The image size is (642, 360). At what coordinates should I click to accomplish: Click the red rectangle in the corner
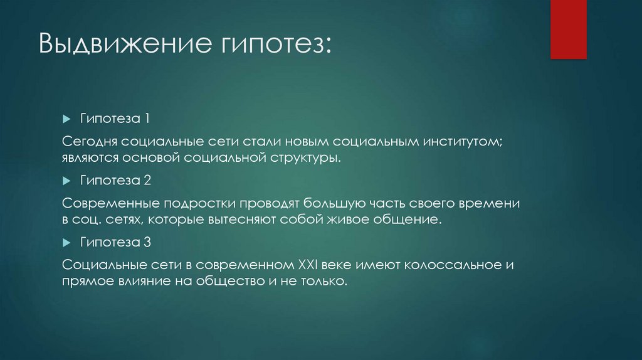click(568, 29)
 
